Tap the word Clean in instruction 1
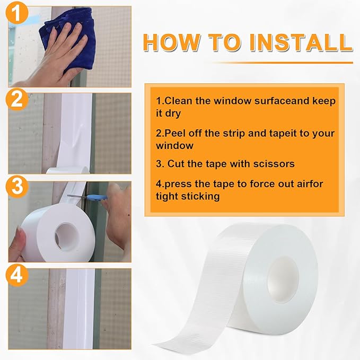click(178, 101)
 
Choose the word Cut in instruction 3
click(177, 164)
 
